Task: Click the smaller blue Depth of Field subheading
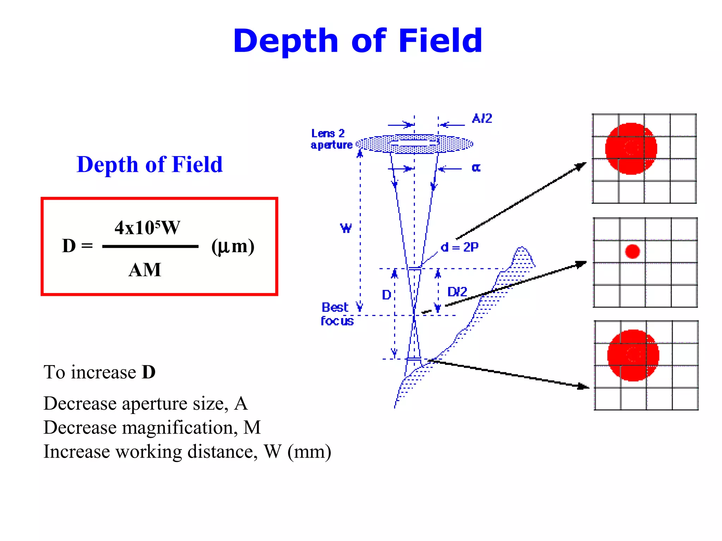coord(149,164)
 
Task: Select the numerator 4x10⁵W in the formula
coord(147,228)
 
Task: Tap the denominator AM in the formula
coord(145,270)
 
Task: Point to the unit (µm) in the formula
coord(233,246)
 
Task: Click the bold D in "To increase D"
coord(148,372)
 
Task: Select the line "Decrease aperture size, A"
coord(145,403)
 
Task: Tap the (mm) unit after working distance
coord(309,452)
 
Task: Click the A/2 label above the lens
coord(482,118)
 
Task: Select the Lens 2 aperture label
coord(331,139)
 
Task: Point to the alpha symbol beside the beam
coord(476,168)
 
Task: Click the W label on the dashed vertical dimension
coord(346,228)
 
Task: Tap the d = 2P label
coord(460,247)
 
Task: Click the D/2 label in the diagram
coord(457,292)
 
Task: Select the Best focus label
coord(337,314)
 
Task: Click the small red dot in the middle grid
coord(632,251)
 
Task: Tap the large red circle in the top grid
coord(631,148)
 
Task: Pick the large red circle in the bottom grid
coord(633,355)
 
